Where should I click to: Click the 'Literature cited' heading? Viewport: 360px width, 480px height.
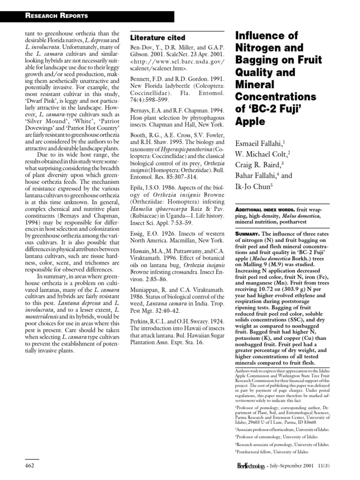(x=157, y=37)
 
